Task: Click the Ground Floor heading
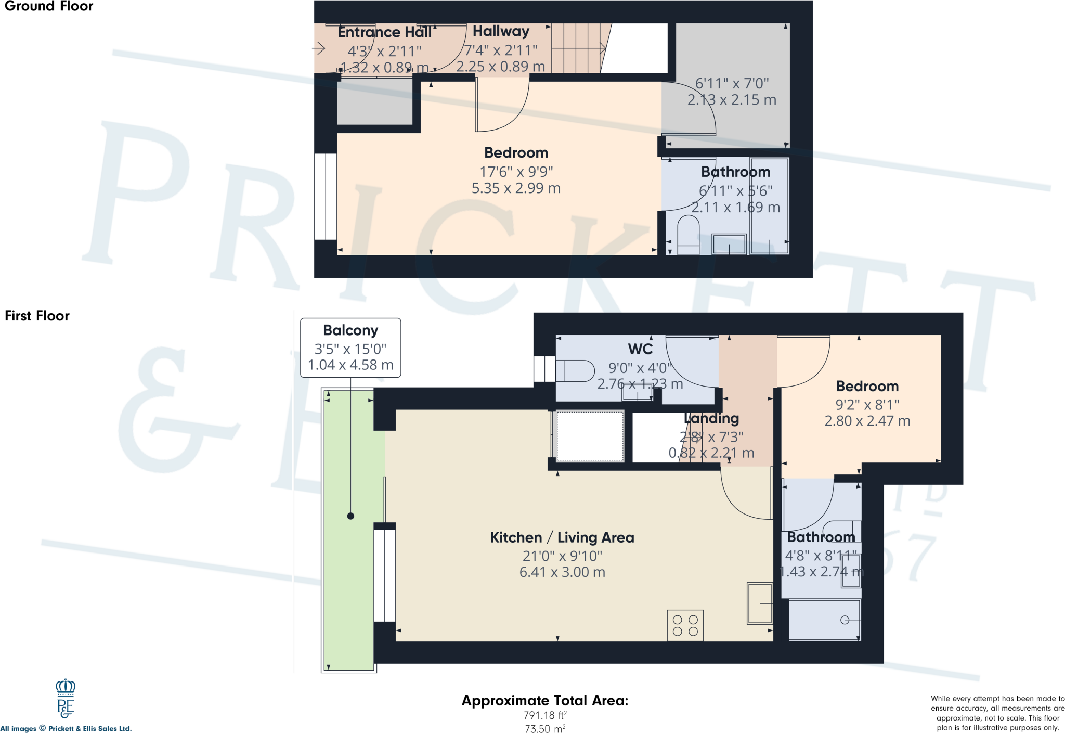pyautogui.click(x=48, y=6)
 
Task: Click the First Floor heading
pyautogui.click(x=37, y=316)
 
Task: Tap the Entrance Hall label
pyautogui.click(x=384, y=32)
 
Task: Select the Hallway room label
pyautogui.click(x=500, y=31)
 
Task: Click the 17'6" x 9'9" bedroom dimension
pyautogui.click(x=516, y=171)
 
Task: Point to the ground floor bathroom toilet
pyautogui.click(x=688, y=235)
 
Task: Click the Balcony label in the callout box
pyautogui.click(x=350, y=330)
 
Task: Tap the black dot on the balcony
pyautogui.click(x=350, y=516)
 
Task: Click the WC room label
pyautogui.click(x=640, y=349)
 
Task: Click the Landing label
pyautogui.click(x=711, y=418)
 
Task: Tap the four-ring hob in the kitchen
pyautogui.click(x=685, y=625)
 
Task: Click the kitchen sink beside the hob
pyautogui.click(x=759, y=603)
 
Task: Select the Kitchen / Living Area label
pyautogui.click(x=562, y=537)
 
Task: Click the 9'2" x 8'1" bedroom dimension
pyautogui.click(x=867, y=405)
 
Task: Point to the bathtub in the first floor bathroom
pyautogui.click(x=824, y=620)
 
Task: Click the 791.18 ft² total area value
pyautogui.click(x=544, y=715)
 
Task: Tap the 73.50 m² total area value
pyautogui.click(x=544, y=729)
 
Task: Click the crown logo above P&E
pyautogui.click(x=66, y=687)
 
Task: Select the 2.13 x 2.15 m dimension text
pyautogui.click(x=731, y=100)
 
